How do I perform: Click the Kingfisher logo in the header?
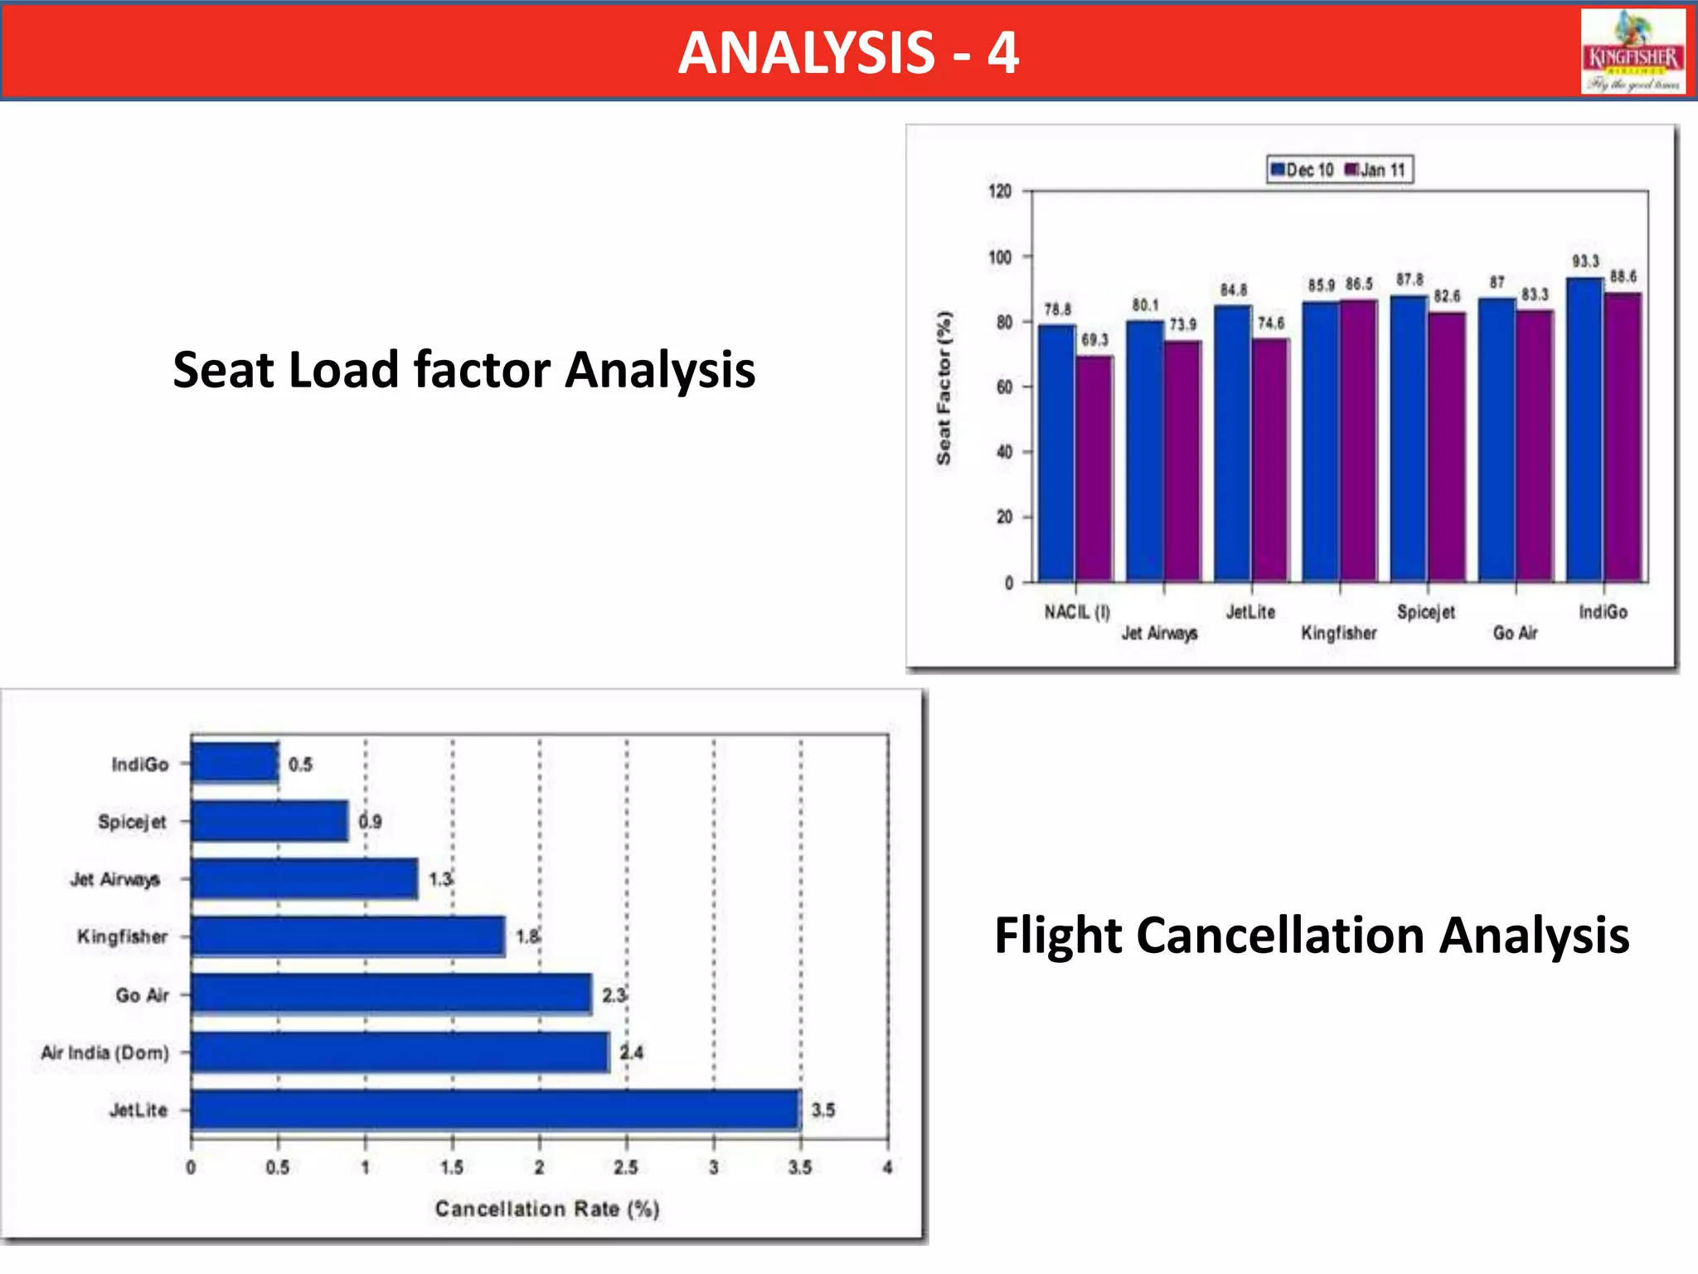point(1633,51)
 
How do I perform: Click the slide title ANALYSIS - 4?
point(848,52)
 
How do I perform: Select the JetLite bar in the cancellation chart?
point(495,1110)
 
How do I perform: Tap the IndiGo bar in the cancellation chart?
point(235,763)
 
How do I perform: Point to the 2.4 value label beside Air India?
point(632,1053)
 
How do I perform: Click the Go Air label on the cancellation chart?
point(142,995)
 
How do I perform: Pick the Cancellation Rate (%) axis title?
point(547,1208)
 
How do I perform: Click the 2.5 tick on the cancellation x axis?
point(626,1168)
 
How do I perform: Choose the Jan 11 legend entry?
point(1376,170)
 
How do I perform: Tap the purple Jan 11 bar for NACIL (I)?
point(1094,469)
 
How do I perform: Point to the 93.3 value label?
point(1585,261)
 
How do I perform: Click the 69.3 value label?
point(1094,340)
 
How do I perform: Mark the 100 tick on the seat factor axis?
point(1001,257)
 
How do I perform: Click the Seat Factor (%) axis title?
point(944,387)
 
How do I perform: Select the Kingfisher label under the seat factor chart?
point(1338,633)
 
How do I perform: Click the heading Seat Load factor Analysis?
point(463,370)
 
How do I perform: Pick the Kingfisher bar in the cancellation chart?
point(347,936)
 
